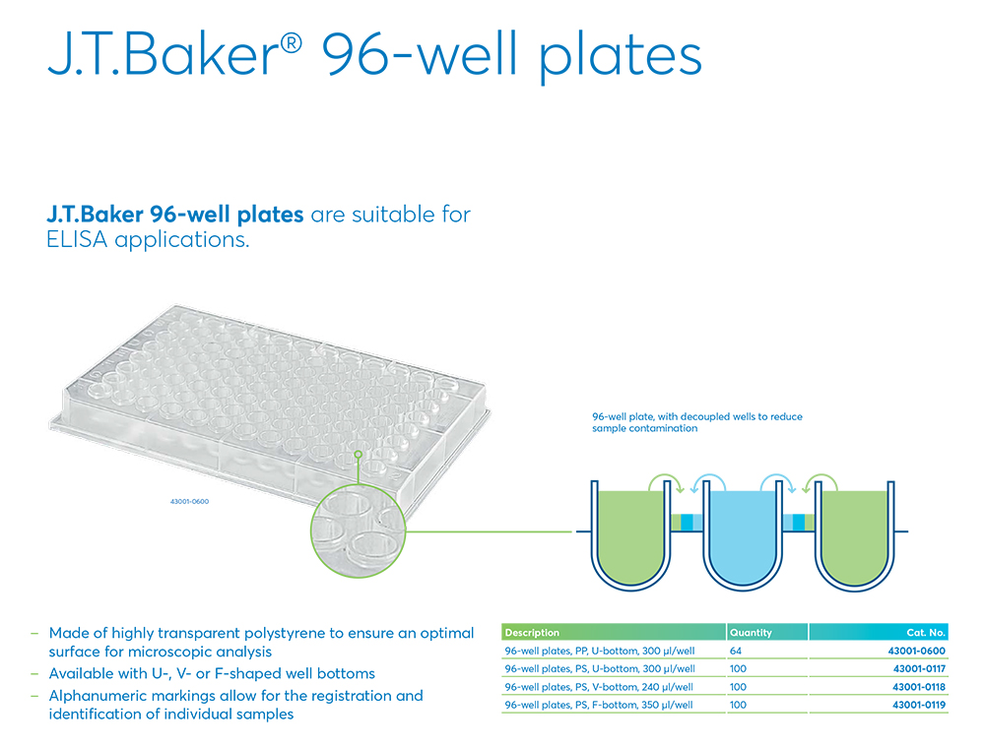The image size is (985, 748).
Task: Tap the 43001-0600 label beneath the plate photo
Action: point(189,502)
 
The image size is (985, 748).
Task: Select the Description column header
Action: point(532,633)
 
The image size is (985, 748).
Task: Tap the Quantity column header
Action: point(751,633)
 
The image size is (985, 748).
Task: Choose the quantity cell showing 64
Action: point(736,652)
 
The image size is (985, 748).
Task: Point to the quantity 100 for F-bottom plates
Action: point(739,705)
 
